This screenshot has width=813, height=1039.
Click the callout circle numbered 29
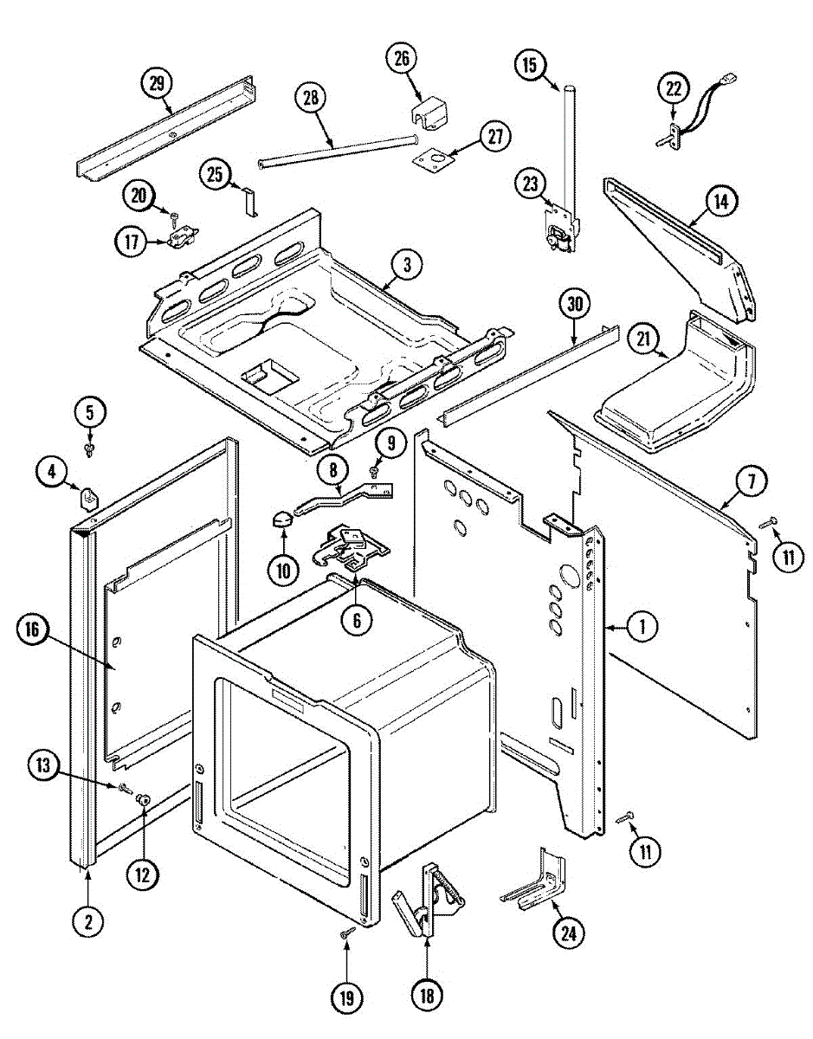click(156, 84)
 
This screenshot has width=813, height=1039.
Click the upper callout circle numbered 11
click(787, 558)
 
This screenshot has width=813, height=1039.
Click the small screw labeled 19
click(346, 933)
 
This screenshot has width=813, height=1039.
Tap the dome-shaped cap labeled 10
click(281, 519)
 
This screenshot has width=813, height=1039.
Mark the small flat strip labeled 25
click(248, 203)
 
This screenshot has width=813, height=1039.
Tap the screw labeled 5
click(89, 447)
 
